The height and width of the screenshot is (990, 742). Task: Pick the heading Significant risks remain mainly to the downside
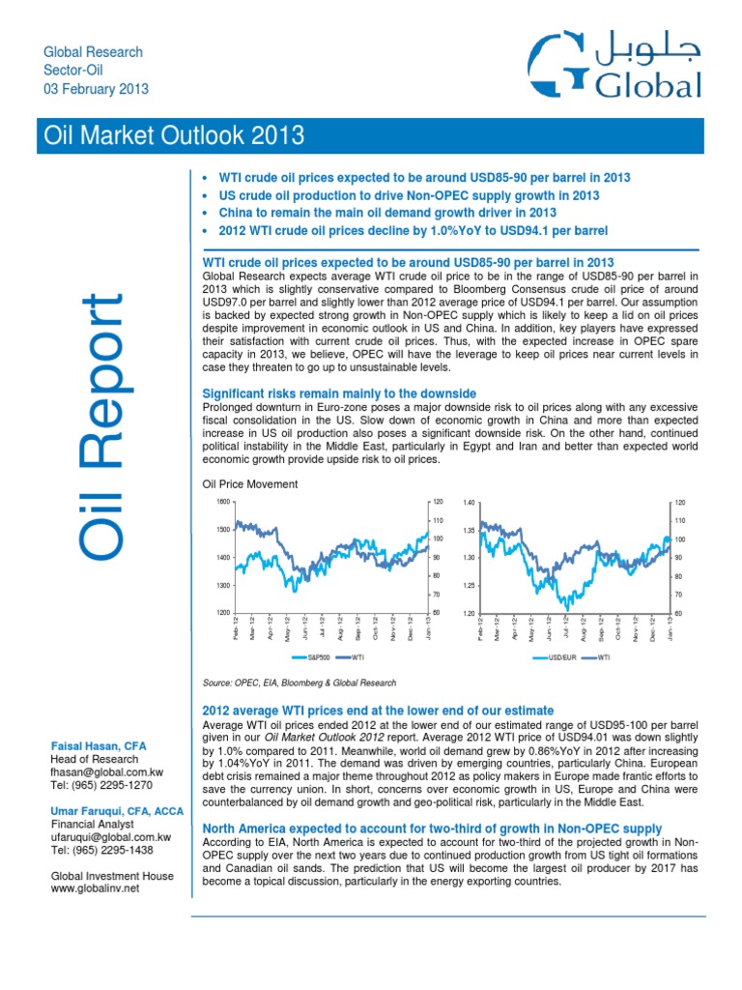[x=338, y=393]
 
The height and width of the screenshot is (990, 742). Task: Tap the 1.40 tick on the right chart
[x=470, y=503]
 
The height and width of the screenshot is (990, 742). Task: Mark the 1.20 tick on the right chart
[x=470, y=614]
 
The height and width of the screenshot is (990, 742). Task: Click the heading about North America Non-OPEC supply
[x=431, y=829]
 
